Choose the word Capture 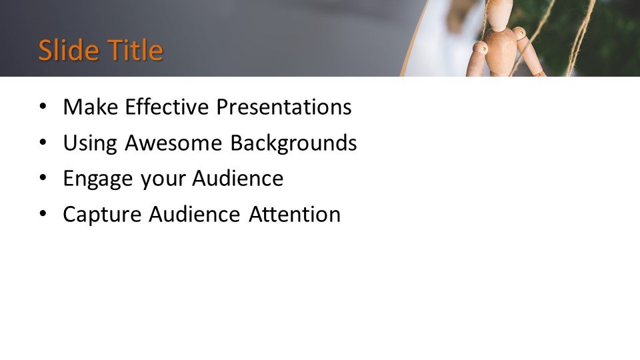(102, 215)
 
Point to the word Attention (295, 215)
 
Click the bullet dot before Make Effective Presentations (43, 107)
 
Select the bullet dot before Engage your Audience (43, 179)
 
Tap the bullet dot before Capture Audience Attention (43, 215)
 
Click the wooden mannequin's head (500, 11)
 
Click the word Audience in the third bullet (237, 179)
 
